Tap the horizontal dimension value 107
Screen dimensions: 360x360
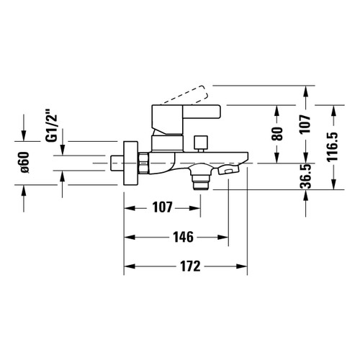click(x=163, y=207)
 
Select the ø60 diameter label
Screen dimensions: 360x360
click(x=23, y=163)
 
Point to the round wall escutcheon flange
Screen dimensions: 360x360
click(x=129, y=163)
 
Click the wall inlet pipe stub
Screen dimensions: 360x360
click(x=117, y=163)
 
